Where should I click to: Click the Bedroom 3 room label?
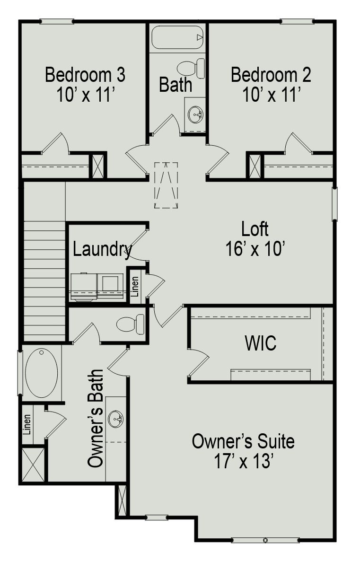click(85, 75)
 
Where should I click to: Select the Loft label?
click(255, 229)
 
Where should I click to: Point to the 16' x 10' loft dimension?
click(255, 249)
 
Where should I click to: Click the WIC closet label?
click(261, 344)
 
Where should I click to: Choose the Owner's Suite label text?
click(243, 441)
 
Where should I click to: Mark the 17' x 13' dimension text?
click(243, 461)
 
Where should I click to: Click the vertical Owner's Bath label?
click(96, 418)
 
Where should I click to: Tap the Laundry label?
click(102, 249)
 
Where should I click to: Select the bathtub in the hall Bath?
click(177, 37)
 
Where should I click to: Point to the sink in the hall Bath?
click(195, 114)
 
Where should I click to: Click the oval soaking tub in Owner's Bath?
click(42, 373)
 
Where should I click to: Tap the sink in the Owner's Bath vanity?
click(115, 419)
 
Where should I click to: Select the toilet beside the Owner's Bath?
click(131, 324)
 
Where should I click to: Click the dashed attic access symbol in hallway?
click(166, 185)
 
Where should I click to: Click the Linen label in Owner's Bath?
click(27, 424)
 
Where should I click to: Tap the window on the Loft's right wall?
click(334, 204)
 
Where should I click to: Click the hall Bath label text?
click(176, 85)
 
